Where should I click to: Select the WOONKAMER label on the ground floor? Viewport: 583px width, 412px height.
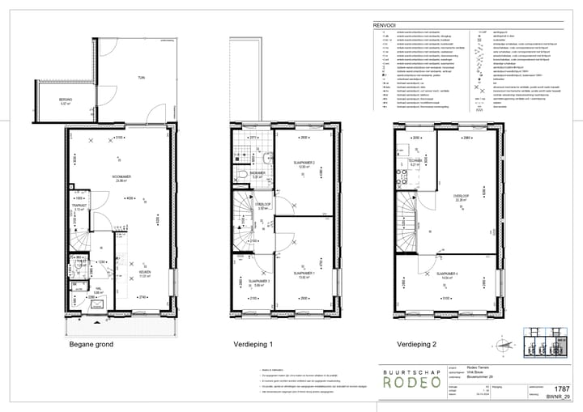click(121, 179)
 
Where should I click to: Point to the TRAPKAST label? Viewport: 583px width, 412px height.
click(79, 207)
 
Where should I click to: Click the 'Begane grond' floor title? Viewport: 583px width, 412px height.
click(91, 344)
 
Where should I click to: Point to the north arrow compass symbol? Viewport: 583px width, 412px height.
click(508, 344)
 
